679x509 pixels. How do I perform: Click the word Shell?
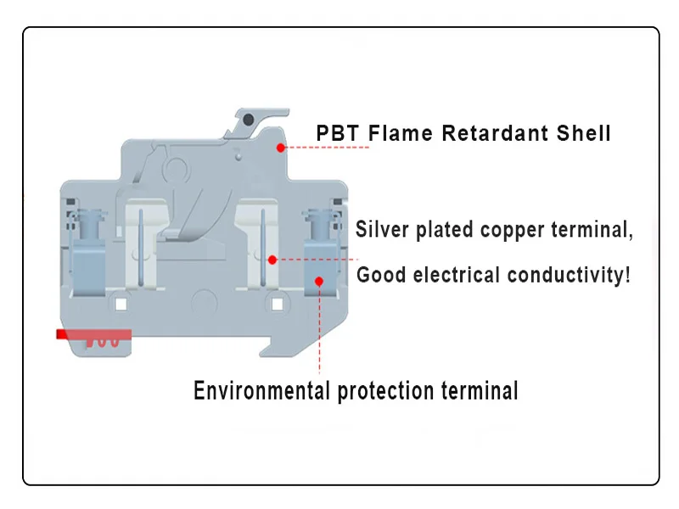click(584, 133)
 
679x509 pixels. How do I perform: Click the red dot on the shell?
click(279, 147)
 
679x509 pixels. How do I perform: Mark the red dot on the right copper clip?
click(272, 259)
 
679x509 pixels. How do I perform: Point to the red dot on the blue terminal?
click(319, 280)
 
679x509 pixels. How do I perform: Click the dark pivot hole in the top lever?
click(247, 120)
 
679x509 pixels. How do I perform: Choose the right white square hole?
click(275, 304)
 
